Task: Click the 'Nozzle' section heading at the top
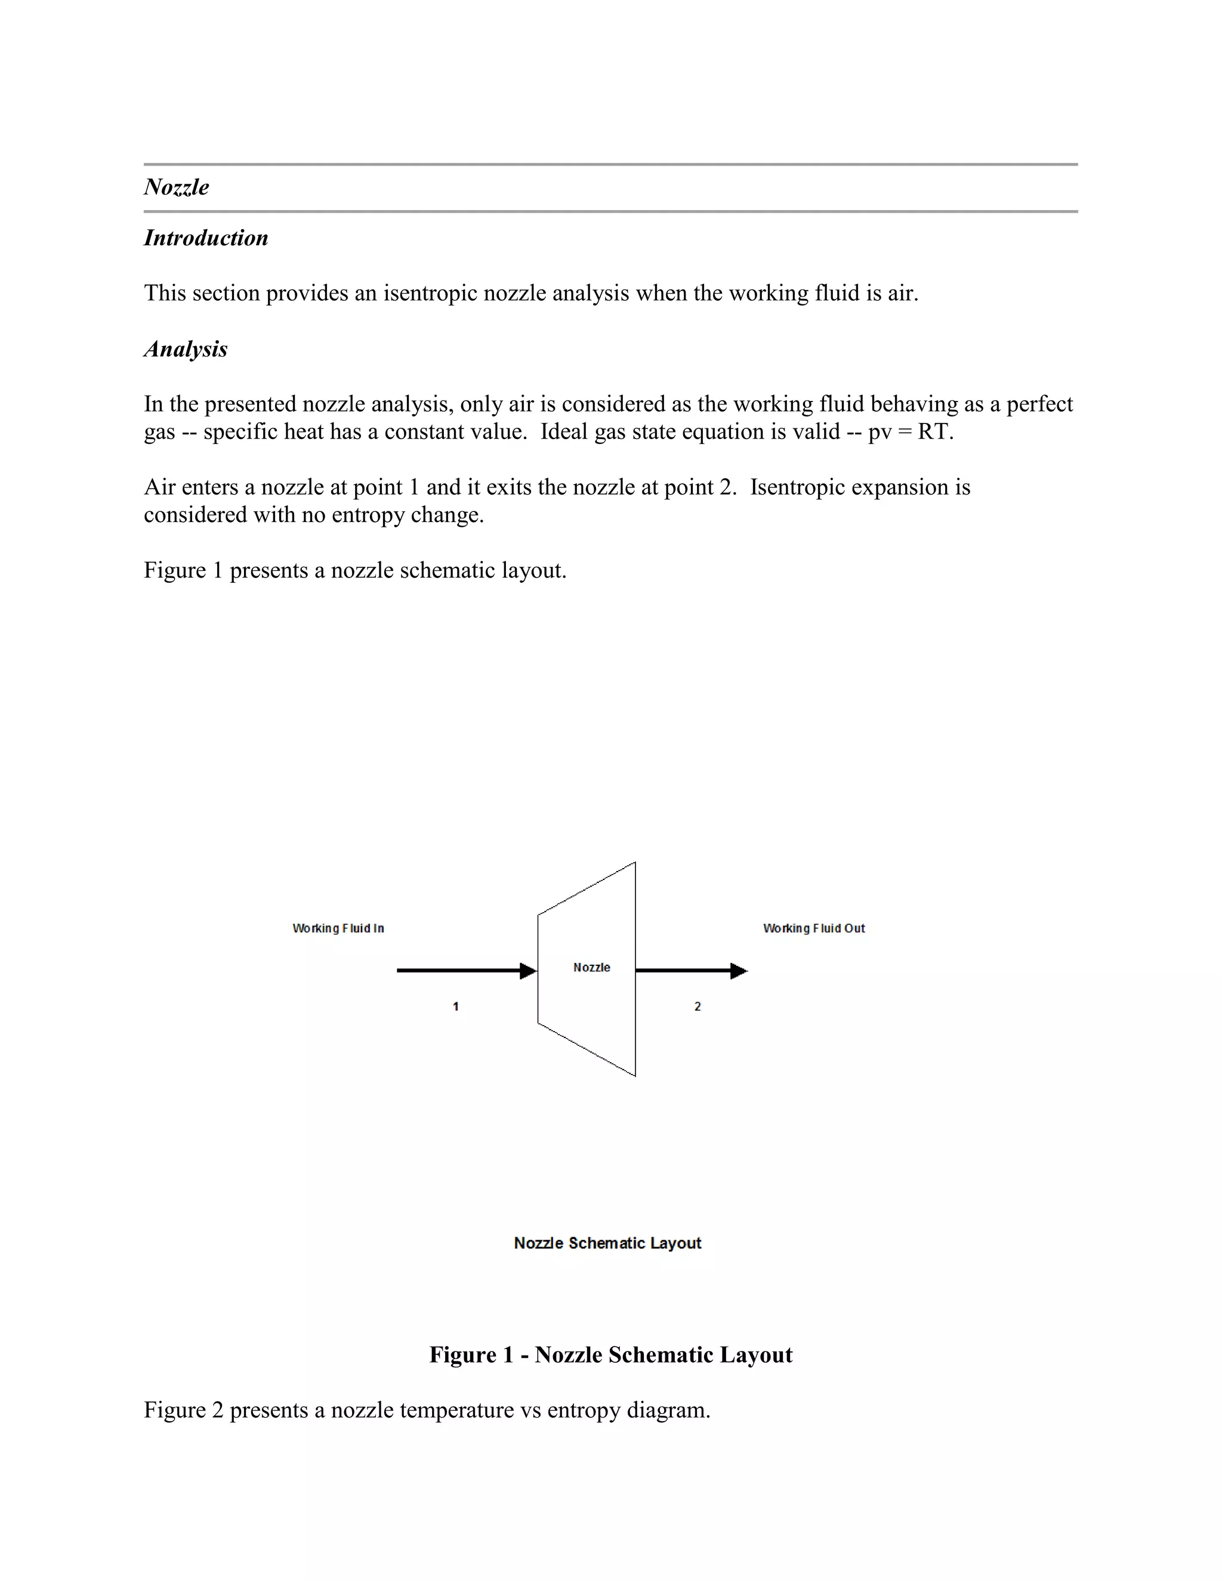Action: [x=176, y=187]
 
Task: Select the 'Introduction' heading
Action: [x=206, y=238]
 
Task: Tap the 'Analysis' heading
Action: [x=186, y=349]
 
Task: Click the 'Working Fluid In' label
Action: [x=338, y=928]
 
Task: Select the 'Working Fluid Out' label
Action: [x=814, y=928]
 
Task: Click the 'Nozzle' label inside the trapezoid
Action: [x=591, y=967]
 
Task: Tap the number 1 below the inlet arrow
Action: [x=455, y=1006]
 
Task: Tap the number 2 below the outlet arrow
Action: [x=697, y=1006]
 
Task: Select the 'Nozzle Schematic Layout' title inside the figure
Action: [x=607, y=1243]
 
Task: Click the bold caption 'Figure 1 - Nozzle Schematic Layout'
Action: [x=610, y=1354]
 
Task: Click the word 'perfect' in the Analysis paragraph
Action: [x=1039, y=404]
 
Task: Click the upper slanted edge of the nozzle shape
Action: [x=587, y=888]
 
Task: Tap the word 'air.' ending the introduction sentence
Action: [x=902, y=293]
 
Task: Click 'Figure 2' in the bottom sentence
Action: [x=183, y=1410]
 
